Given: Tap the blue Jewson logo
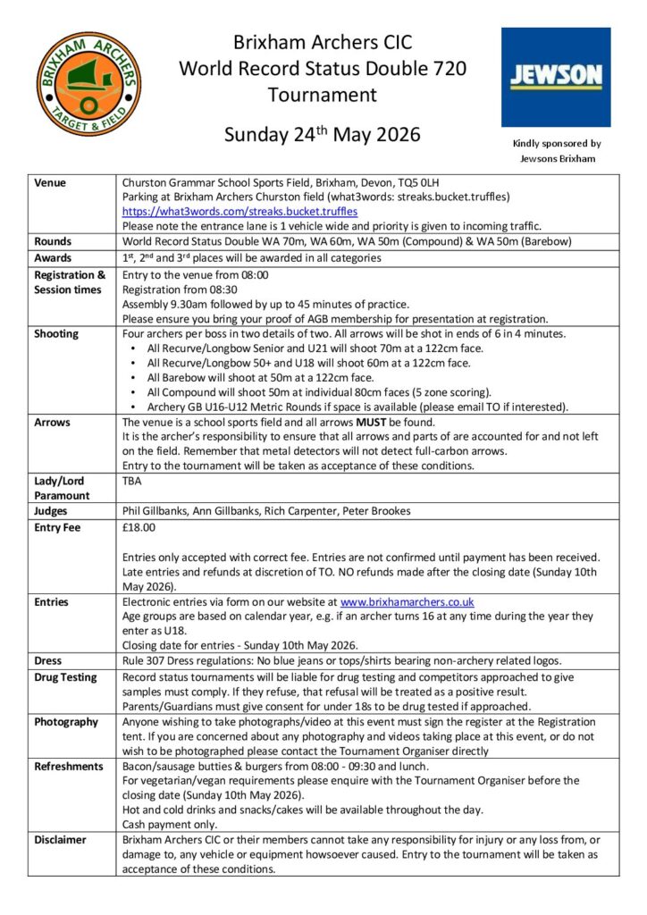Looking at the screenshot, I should [x=555, y=77].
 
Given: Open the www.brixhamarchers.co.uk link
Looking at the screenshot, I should [x=407, y=602].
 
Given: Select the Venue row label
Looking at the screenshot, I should [x=51, y=182].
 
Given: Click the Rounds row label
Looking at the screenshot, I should [x=54, y=242].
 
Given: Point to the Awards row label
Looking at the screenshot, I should [x=53, y=258].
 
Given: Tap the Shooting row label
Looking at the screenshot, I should [x=56, y=333].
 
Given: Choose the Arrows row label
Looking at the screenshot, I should [x=52, y=422].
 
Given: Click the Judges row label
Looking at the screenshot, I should [x=52, y=511].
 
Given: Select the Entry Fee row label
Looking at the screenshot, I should [x=57, y=527].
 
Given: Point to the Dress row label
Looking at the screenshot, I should [x=48, y=660].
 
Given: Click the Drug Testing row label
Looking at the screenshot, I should [x=65, y=676].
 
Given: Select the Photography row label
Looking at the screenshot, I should [x=66, y=721].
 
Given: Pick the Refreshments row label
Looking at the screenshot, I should [x=69, y=766].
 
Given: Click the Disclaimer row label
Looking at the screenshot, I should [x=60, y=840].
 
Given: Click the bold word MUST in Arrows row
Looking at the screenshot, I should [x=373, y=422].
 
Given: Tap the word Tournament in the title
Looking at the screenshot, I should [x=322, y=94].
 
